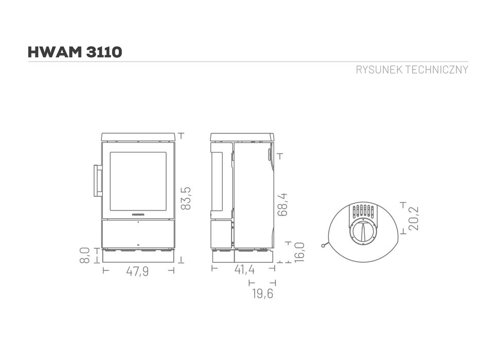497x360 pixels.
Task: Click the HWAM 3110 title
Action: coord(75,52)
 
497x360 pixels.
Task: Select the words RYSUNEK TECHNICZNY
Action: coord(412,70)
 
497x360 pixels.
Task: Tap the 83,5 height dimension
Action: coord(186,198)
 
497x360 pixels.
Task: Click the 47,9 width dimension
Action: coord(137,271)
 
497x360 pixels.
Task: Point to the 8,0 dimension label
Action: coord(85,255)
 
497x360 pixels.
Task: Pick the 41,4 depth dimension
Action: coord(244,269)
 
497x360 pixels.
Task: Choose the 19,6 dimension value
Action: coord(262,294)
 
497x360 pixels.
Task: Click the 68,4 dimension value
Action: coord(282,204)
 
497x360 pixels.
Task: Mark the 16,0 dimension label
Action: coord(299,252)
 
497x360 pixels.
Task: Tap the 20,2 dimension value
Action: coord(414,218)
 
